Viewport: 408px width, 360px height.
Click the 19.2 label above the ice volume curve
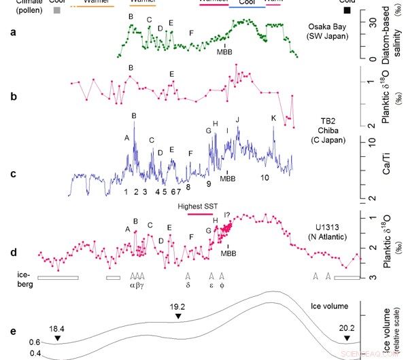coord(177,307)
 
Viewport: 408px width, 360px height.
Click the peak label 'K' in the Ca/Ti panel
coord(273,118)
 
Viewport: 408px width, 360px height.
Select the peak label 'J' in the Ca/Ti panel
coord(237,120)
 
